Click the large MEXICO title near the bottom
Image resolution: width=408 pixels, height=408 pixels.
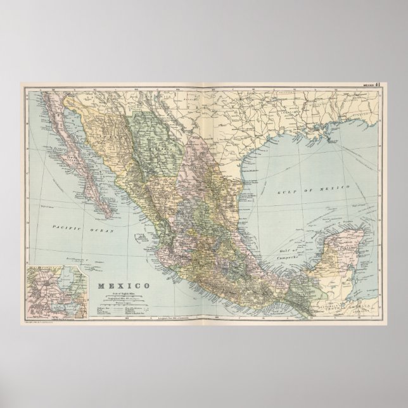124,269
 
